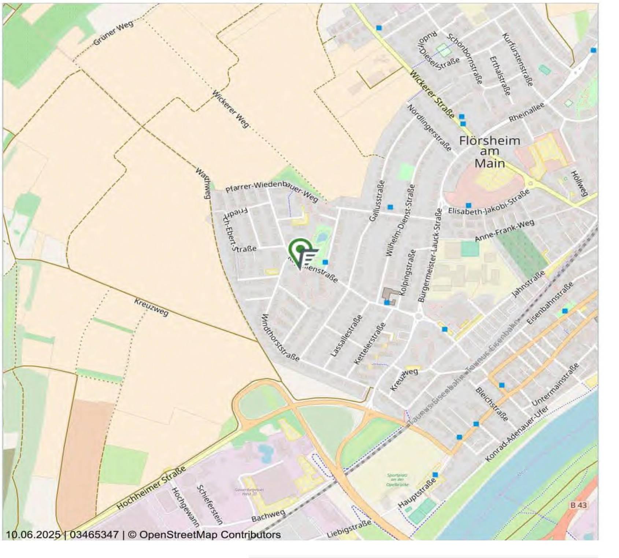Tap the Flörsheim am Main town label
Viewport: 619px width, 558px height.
[x=490, y=152]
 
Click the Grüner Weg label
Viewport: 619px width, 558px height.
[x=113, y=33]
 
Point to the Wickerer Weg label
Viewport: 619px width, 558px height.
[x=230, y=109]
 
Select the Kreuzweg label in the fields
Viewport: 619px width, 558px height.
[x=151, y=307]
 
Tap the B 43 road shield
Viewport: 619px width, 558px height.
[x=578, y=505]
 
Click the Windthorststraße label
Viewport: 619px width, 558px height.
[x=281, y=337]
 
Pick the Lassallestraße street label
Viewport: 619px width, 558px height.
[x=346, y=336]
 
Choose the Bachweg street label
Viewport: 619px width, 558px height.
[x=268, y=516]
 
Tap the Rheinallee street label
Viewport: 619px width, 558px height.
[x=526, y=112]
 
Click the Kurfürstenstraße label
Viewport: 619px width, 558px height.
[x=517, y=59]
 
